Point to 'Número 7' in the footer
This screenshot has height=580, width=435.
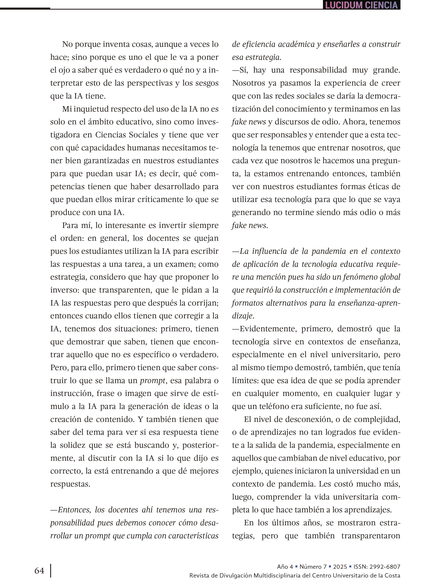313,567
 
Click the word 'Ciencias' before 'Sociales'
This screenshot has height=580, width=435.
111,135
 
